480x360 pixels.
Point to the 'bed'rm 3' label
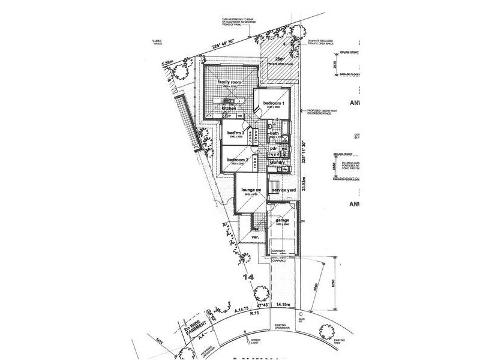tap(235, 131)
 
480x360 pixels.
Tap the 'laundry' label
tap(278, 162)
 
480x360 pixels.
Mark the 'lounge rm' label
tap(250, 190)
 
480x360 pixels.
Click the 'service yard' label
tap(284, 190)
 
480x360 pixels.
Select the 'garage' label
tap(282, 220)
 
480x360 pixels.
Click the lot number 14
tap(248, 277)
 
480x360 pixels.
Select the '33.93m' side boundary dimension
tap(304, 179)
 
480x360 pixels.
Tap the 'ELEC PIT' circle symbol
tap(310, 311)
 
